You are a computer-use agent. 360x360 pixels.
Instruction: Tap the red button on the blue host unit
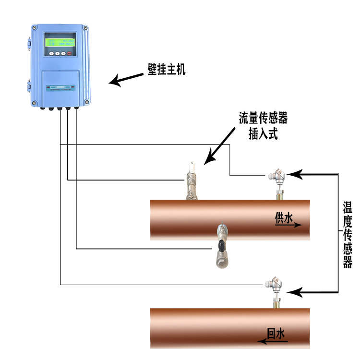(69, 53)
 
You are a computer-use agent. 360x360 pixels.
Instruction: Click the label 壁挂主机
(166, 70)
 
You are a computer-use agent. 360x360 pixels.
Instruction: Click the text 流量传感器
(263, 119)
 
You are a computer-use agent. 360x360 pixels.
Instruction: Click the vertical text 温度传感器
(348, 235)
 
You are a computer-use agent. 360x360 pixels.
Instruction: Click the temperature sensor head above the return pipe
(275, 284)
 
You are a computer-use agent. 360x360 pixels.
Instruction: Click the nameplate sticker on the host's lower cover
(61, 88)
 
